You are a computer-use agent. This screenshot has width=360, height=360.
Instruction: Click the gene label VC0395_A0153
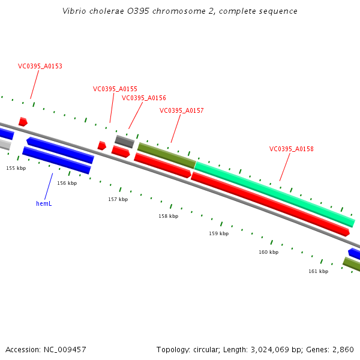point(40,67)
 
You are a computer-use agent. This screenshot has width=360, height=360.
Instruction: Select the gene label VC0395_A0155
point(115,89)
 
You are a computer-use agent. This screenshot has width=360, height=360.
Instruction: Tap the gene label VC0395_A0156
point(144,98)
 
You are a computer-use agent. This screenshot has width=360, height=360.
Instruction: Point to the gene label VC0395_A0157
point(182,110)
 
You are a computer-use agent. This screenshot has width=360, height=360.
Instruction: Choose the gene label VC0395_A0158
point(292,149)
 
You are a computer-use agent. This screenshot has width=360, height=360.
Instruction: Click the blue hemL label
point(44,203)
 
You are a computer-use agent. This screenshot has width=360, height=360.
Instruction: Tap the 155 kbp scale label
point(16,168)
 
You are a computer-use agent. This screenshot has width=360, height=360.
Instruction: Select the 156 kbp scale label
point(67,183)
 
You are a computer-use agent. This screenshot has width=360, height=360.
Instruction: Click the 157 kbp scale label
point(118,199)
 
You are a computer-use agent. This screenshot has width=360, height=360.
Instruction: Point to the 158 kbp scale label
point(169,216)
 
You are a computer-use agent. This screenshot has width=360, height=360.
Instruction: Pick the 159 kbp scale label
point(218,233)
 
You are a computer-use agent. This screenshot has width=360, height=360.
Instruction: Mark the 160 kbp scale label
point(269,252)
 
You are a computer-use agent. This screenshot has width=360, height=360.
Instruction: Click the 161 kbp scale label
point(319,271)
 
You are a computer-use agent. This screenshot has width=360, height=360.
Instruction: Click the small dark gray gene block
point(124,142)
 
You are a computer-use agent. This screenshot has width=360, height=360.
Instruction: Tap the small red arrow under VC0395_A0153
point(23,122)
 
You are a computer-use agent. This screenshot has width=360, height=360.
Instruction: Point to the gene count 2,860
point(343,349)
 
